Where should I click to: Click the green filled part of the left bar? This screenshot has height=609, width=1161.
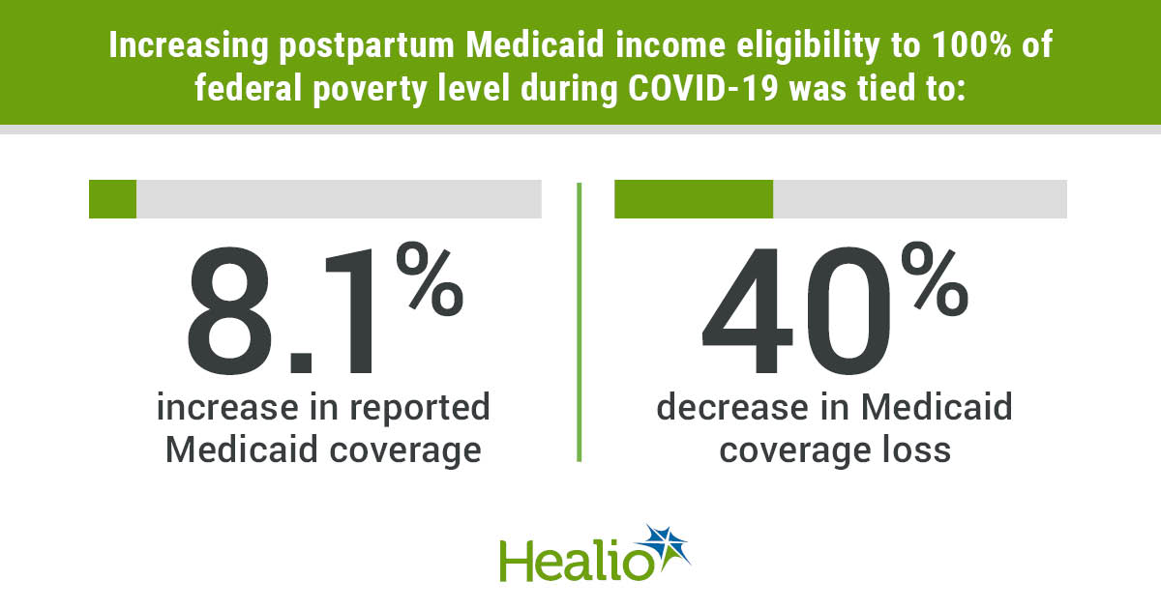pyautogui.click(x=112, y=198)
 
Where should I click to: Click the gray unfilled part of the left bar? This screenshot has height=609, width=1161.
pyautogui.click(x=339, y=198)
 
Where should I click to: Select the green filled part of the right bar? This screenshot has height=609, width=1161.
pyautogui.click(x=694, y=198)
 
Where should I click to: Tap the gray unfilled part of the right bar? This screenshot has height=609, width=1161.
pyautogui.click(x=919, y=198)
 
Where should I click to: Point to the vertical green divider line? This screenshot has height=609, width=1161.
pyautogui.click(x=579, y=319)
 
